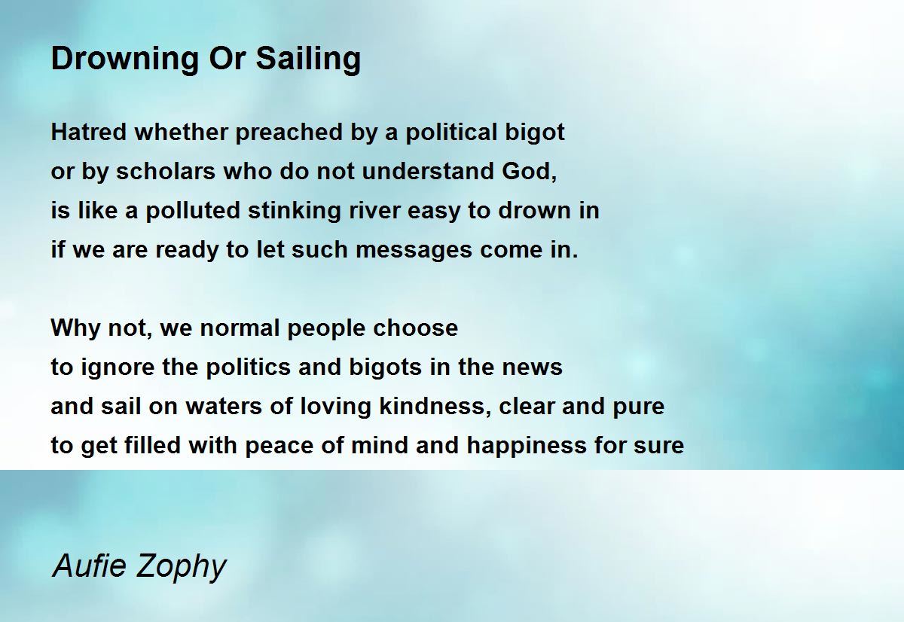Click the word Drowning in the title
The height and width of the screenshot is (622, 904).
coord(125,59)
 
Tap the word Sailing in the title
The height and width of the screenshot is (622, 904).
coord(308,59)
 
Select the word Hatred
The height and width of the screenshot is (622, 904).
coord(89,133)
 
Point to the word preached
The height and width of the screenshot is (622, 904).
coord(289,133)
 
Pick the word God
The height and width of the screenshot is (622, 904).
coord(530,172)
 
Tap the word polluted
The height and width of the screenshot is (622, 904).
coord(193,211)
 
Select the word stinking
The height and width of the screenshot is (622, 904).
coord(295,211)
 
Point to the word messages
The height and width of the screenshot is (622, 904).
coord(414,251)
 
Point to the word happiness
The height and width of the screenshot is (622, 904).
coord(527,446)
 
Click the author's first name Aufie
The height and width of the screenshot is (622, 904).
coord(90,566)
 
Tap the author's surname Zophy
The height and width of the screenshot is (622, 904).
coord(182,568)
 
